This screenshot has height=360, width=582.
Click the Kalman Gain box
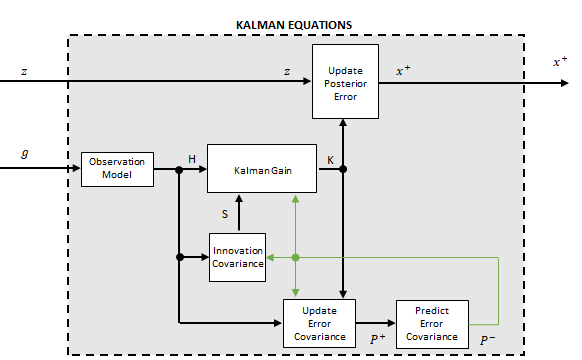[x=261, y=170]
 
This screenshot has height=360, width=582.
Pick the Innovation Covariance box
[x=238, y=256]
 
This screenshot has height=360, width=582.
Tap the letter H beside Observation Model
[x=192, y=159]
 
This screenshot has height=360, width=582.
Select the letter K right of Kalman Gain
[x=330, y=159]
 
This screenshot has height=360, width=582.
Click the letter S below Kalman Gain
[x=225, y=213]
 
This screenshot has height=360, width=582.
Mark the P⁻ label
[x=487, y=340]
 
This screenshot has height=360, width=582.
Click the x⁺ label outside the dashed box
[x=560, y=62]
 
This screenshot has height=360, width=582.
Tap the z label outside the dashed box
[x=25, y=71]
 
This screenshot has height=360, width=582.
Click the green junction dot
[x=296, y=257]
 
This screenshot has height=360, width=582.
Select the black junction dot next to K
[x=343, y=170]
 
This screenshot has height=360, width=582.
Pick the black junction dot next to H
[x=179, y=170]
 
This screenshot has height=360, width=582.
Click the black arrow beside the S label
[x=239, y=213]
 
